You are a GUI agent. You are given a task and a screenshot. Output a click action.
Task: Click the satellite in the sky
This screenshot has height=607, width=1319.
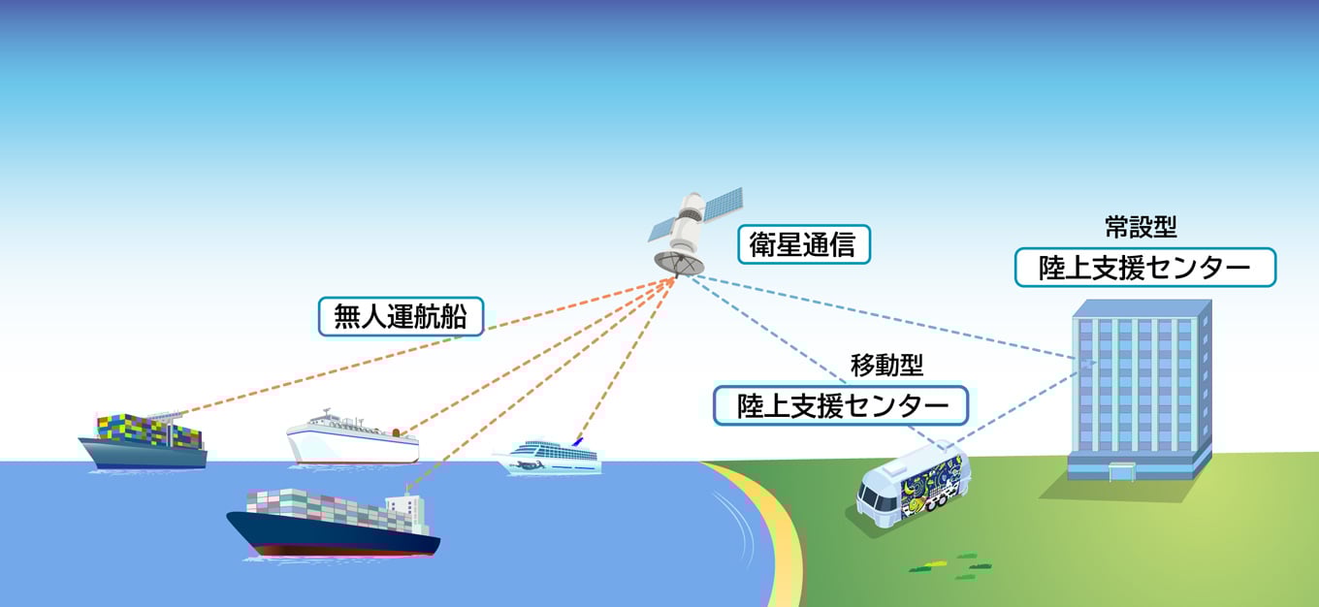[691, 229]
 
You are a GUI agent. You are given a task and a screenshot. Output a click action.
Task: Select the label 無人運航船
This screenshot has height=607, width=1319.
[401, 316]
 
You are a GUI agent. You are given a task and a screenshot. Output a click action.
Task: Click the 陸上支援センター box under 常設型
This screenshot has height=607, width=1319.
[1144, 267]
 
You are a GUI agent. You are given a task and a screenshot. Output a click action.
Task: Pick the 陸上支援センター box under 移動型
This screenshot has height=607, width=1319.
[840, 405]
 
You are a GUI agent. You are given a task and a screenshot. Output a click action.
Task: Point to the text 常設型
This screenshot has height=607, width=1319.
[1141, 228]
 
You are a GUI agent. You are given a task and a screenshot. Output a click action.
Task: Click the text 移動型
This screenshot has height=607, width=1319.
[886, 366]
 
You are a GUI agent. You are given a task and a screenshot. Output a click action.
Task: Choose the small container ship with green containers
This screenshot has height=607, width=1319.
[143, 441]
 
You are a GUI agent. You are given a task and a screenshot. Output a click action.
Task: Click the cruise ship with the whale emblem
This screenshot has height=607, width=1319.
[548, 457]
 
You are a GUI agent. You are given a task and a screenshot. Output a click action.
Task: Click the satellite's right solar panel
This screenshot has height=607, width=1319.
[724, 201]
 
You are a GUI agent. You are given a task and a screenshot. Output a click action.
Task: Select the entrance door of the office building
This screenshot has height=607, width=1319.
[1121, 473]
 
